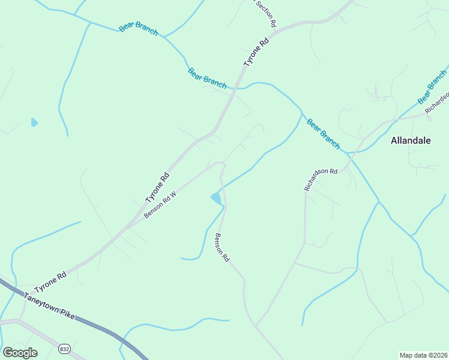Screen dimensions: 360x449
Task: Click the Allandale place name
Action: [411, 141]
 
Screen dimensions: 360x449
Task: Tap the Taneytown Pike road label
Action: [49, 305]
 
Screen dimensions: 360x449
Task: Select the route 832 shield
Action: [64, 349]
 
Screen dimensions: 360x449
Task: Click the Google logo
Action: [20, 353]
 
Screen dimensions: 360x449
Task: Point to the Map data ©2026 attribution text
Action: [423, 355]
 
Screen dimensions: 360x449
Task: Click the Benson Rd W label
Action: [161, 205]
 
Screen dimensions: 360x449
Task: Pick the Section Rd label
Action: [265, 13]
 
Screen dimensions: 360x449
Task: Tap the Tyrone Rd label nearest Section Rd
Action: [256, 53]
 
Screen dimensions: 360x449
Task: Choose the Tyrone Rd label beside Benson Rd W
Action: [157, 188]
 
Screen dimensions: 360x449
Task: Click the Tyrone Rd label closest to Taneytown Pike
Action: [50, 281]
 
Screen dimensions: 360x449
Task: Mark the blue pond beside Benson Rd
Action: [216, 198]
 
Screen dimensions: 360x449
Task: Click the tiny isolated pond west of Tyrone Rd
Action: [34, 122]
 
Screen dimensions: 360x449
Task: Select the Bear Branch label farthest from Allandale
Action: [138, 27]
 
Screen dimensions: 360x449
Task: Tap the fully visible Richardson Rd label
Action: [321, 179]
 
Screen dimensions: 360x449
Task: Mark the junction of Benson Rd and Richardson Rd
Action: [256, 326]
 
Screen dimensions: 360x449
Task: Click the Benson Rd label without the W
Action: [223, 247]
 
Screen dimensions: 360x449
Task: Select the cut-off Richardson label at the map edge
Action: [437, 103]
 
